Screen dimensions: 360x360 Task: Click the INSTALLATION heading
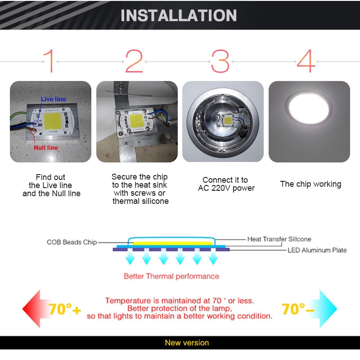[179, 15]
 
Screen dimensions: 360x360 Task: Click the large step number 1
[49, 61]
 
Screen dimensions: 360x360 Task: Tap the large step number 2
[134, 61]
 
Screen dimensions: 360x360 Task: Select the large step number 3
[220, 61]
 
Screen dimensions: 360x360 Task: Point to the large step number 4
[306, 61]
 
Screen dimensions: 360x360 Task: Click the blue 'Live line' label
[53, 99]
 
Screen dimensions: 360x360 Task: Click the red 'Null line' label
[46, 147]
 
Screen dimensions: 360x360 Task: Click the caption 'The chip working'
[310, 184]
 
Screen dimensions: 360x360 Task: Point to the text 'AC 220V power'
[226, 188]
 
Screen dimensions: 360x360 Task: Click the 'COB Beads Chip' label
[72, 242]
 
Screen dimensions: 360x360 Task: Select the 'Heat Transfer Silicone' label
[279, 239]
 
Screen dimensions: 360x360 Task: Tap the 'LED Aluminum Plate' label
[317, 250]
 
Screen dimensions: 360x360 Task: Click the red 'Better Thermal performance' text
[171, 276]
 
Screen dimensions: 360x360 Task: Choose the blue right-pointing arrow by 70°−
[327, 308]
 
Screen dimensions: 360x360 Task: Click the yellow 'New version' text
[186, 343]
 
